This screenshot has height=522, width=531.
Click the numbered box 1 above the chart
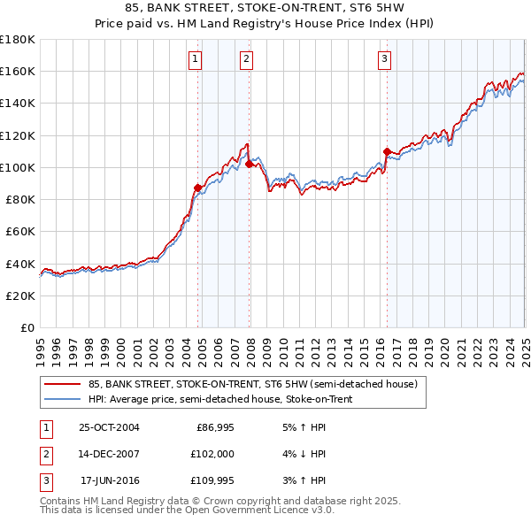tap(195, 59)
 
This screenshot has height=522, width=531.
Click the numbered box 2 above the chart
tap(246, 59)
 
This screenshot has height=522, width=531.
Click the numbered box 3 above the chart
tap(385, 59)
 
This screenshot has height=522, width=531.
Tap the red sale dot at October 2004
tap(197, 188)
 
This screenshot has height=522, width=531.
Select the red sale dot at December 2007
tap(249, 164)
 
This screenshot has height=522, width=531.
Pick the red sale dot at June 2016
tap(387, 151)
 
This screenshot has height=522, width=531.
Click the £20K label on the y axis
tap(20, 296)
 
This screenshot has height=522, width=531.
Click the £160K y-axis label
tap(18, 71)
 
